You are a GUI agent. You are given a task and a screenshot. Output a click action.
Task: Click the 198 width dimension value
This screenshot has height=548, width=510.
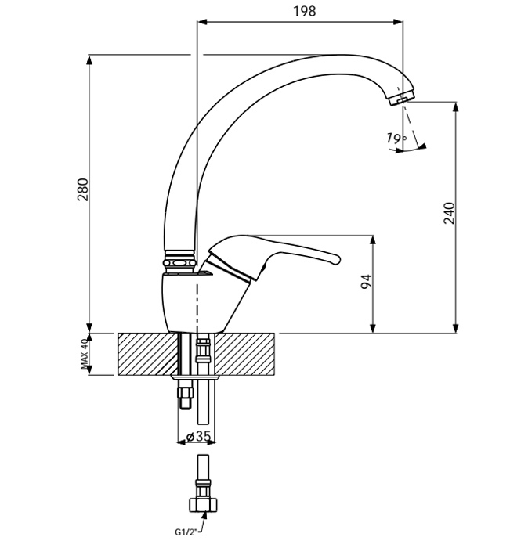pyautogui.click(x=304, y=12)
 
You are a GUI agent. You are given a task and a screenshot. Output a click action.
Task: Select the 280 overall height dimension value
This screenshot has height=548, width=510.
pyautogui.click(x=83, y=189)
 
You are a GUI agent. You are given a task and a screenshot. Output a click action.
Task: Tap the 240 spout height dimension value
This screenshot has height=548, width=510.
pyautogui.click(x=449, y=213)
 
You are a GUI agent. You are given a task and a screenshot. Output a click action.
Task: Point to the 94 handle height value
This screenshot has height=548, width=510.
pyautogui.click(x=366, y=282)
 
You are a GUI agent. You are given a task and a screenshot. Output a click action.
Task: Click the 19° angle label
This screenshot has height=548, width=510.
pyautogui.click(x=396, y=139)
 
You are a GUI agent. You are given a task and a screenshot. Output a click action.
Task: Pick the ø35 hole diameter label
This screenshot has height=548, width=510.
pyautogui.click(x=198, y=436)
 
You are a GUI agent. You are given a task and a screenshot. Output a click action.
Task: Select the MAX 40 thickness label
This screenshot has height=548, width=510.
pyautogui.click(x=85, y=354)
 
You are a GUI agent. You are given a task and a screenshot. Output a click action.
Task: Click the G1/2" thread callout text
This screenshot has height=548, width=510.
pyautogui.click(x=186, y=532)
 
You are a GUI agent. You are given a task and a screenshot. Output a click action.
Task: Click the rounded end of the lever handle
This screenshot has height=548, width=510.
pyautogui.click(x=335, y=259)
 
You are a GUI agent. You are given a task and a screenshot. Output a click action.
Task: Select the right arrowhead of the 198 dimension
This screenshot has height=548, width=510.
pyautogui.click(x=398, y=22)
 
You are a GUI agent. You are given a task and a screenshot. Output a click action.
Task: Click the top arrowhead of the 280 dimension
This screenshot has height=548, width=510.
pyautogui.click(x=89, y=59)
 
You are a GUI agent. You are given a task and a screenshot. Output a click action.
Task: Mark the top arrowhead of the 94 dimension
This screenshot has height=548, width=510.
pyautogui.click(x=373, y=240)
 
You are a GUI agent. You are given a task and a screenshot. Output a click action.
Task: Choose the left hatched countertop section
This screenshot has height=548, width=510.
pyautogui.click(x=148, y=354)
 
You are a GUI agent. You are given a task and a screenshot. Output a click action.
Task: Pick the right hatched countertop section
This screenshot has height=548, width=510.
pyautogui.click(x=244, y=354)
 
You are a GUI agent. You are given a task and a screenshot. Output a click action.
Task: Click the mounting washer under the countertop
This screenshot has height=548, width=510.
pyautogui.click(x=195, y=377)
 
